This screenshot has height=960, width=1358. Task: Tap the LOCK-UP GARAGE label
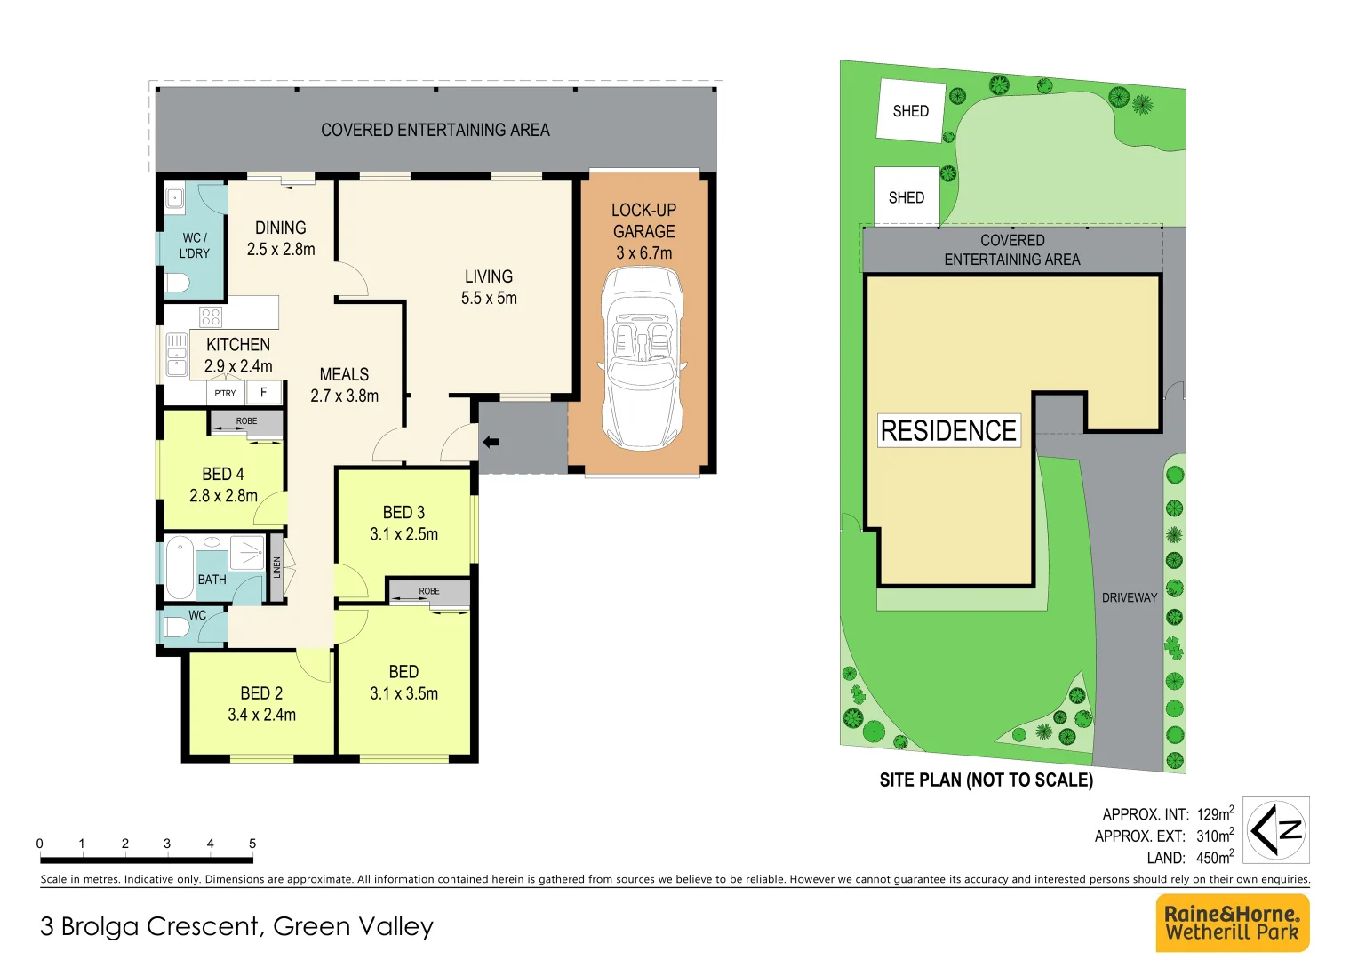[643, 231]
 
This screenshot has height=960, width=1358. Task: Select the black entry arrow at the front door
[491, 442]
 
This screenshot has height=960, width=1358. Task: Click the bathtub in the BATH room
[180, 567]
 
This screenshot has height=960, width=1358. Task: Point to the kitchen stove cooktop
[211, 316]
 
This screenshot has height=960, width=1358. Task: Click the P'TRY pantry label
[225, 393]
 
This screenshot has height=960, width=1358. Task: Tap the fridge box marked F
[263, 392]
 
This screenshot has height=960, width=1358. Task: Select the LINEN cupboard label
[277, 567]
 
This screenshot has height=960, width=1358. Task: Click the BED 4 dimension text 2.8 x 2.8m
[223, 496]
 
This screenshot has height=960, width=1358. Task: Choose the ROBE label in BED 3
[429, 591]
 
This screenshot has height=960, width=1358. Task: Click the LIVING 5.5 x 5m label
[489, 287]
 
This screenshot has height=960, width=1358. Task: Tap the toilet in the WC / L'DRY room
[178, 284]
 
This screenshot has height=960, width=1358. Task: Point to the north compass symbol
[1275, 830]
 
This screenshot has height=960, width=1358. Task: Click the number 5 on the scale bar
[252, 844]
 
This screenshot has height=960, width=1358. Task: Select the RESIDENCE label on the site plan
[948, 431]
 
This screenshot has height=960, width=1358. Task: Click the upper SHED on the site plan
[910, 111]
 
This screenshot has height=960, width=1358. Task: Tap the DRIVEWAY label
[1130, 598]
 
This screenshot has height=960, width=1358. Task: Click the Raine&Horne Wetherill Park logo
[1232, 923]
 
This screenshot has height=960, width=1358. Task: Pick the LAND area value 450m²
[1214, 858]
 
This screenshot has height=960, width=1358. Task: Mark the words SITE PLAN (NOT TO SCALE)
[986, 780]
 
